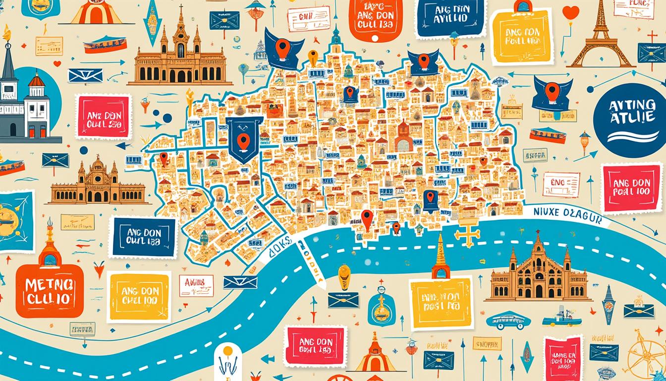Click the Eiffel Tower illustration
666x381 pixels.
(x=601, y=37)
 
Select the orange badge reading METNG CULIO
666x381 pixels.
(x=49, y=290)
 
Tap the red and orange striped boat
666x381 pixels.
(x=547, y=135)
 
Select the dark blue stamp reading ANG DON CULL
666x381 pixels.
(x=143, y=237)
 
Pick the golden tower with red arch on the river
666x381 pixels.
(x=440, y=258)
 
